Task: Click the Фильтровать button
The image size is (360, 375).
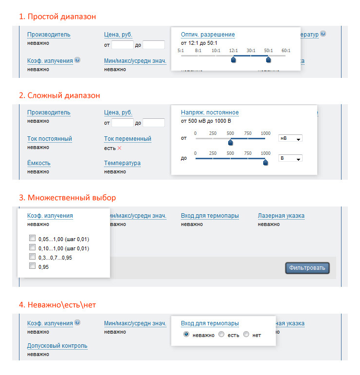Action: coord(307,268)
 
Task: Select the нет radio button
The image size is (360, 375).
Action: coord(246,334)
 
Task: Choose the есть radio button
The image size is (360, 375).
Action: coord(221,334)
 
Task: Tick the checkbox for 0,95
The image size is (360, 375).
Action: coord(32,266)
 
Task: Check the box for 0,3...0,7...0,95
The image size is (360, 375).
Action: coord(32,256)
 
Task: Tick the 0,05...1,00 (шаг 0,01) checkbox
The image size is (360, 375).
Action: coord(32,238)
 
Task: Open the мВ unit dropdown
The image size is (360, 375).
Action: coord(290,138)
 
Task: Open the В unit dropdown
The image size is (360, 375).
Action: coord(290,158)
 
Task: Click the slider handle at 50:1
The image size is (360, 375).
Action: coord(268,59)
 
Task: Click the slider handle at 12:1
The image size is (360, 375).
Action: coord(234,59)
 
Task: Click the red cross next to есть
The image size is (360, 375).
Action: coord(120,148)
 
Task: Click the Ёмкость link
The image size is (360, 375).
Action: coord(39,163)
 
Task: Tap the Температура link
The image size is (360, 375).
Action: coord(122,163)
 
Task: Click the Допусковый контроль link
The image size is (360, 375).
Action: coord(57,346)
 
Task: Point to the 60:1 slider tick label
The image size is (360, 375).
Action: coord(286,51)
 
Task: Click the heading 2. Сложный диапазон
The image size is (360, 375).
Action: coord(59,95)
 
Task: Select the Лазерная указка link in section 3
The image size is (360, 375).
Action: coord(281,216)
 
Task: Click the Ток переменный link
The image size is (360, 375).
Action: coord(127,139)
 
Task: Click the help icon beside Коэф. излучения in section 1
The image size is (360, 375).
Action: coord(77,60)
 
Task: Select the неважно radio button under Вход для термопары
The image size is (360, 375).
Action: coord(186,334)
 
